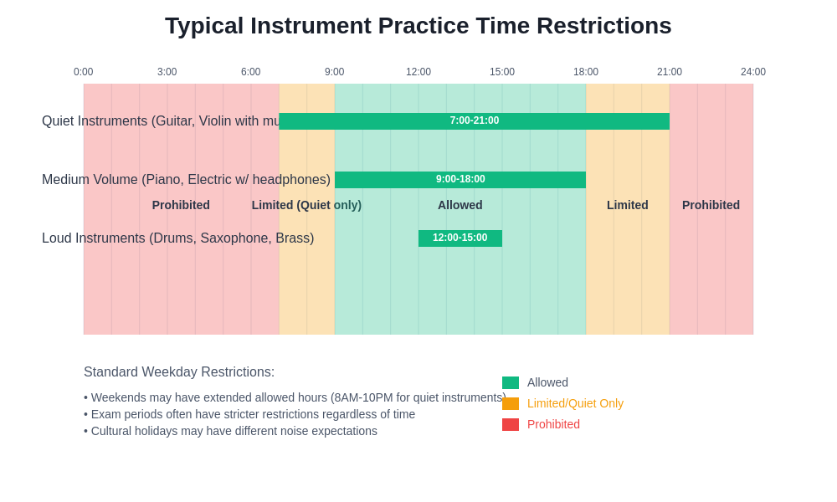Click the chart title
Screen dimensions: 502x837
click(418, 26)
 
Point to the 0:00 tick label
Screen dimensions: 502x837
click(84, 72)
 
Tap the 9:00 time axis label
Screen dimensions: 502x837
click(335, 72)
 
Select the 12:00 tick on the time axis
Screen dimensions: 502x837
click(418, 72)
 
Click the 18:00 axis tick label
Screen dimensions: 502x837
click(586, 72)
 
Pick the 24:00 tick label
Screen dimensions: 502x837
click(752, 72)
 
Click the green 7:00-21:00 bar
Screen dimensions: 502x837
click(475, 121)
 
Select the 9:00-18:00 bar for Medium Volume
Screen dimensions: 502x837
click(460, 180)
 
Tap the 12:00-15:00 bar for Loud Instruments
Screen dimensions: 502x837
click(460, 238)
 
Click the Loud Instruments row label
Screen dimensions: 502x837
click(178, 238)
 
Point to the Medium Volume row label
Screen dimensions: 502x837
click(186, 180)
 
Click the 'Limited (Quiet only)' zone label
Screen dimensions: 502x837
click(306, 205)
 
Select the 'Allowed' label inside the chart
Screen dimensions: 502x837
click(460, 205)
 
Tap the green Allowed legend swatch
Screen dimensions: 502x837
click(511, 383)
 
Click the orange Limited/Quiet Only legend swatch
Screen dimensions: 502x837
click(511, 404)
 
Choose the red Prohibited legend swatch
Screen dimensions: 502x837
click(511, 425)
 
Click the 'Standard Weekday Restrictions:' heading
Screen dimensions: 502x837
click(179, 372)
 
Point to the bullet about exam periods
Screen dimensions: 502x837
click(249, 414)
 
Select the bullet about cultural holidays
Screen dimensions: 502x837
click(231, 431)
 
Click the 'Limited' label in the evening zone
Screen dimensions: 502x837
click(628, 205)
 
